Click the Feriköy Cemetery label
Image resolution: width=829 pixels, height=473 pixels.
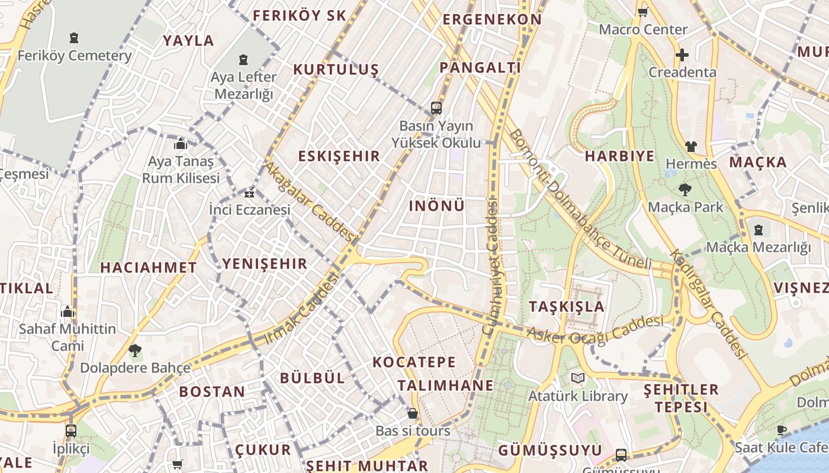(75, 56)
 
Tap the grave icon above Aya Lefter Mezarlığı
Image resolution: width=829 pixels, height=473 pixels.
(243, 60)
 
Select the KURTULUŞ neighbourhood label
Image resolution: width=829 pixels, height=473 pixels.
(336, 70)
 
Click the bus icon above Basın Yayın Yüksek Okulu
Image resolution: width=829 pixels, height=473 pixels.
(436, 108)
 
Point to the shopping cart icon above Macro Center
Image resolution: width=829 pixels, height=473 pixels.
(642, 11)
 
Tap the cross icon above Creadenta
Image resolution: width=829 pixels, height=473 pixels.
(682, 55)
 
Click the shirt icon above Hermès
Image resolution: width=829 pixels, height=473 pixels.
(690, 146)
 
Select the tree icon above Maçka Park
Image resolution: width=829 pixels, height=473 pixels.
(685, 190)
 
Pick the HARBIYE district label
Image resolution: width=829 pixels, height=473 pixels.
(619, 156)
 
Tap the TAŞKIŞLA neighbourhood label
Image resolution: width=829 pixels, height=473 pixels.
(567, 306)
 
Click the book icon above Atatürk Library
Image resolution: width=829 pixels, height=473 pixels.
(577, 378)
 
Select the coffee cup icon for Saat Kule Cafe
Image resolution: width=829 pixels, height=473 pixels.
(782, 430)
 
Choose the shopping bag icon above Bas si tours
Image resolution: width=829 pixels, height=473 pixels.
(413, 413)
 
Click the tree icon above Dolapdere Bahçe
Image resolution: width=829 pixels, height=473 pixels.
(135, 350)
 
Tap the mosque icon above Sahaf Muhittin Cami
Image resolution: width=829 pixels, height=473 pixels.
(68, 312)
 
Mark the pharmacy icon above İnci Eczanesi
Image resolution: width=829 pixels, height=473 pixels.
(250, 193)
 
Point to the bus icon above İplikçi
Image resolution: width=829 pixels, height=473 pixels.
(71, 430)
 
